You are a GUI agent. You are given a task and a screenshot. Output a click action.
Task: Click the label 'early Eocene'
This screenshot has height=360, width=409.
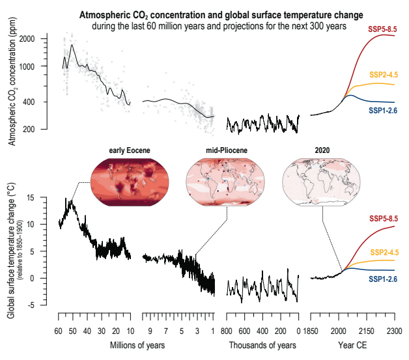coord(129,151)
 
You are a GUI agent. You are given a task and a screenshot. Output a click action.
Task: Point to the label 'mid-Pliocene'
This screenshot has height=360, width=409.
coord(225,151)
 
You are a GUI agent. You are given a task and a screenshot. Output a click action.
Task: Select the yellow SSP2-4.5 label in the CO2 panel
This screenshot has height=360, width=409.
coord(383,75)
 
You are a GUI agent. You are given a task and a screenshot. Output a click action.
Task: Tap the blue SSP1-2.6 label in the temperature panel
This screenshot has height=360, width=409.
coord(383,279)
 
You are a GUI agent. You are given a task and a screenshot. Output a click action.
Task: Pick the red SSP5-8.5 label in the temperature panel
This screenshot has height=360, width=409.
coord(383,218)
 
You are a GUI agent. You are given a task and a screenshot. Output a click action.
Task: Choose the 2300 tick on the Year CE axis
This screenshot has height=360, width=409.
coord(394,331)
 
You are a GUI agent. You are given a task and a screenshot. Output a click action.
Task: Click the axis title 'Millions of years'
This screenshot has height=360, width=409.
coord(137,345)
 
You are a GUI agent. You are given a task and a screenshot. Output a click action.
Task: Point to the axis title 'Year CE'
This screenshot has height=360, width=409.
coord(353,345)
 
